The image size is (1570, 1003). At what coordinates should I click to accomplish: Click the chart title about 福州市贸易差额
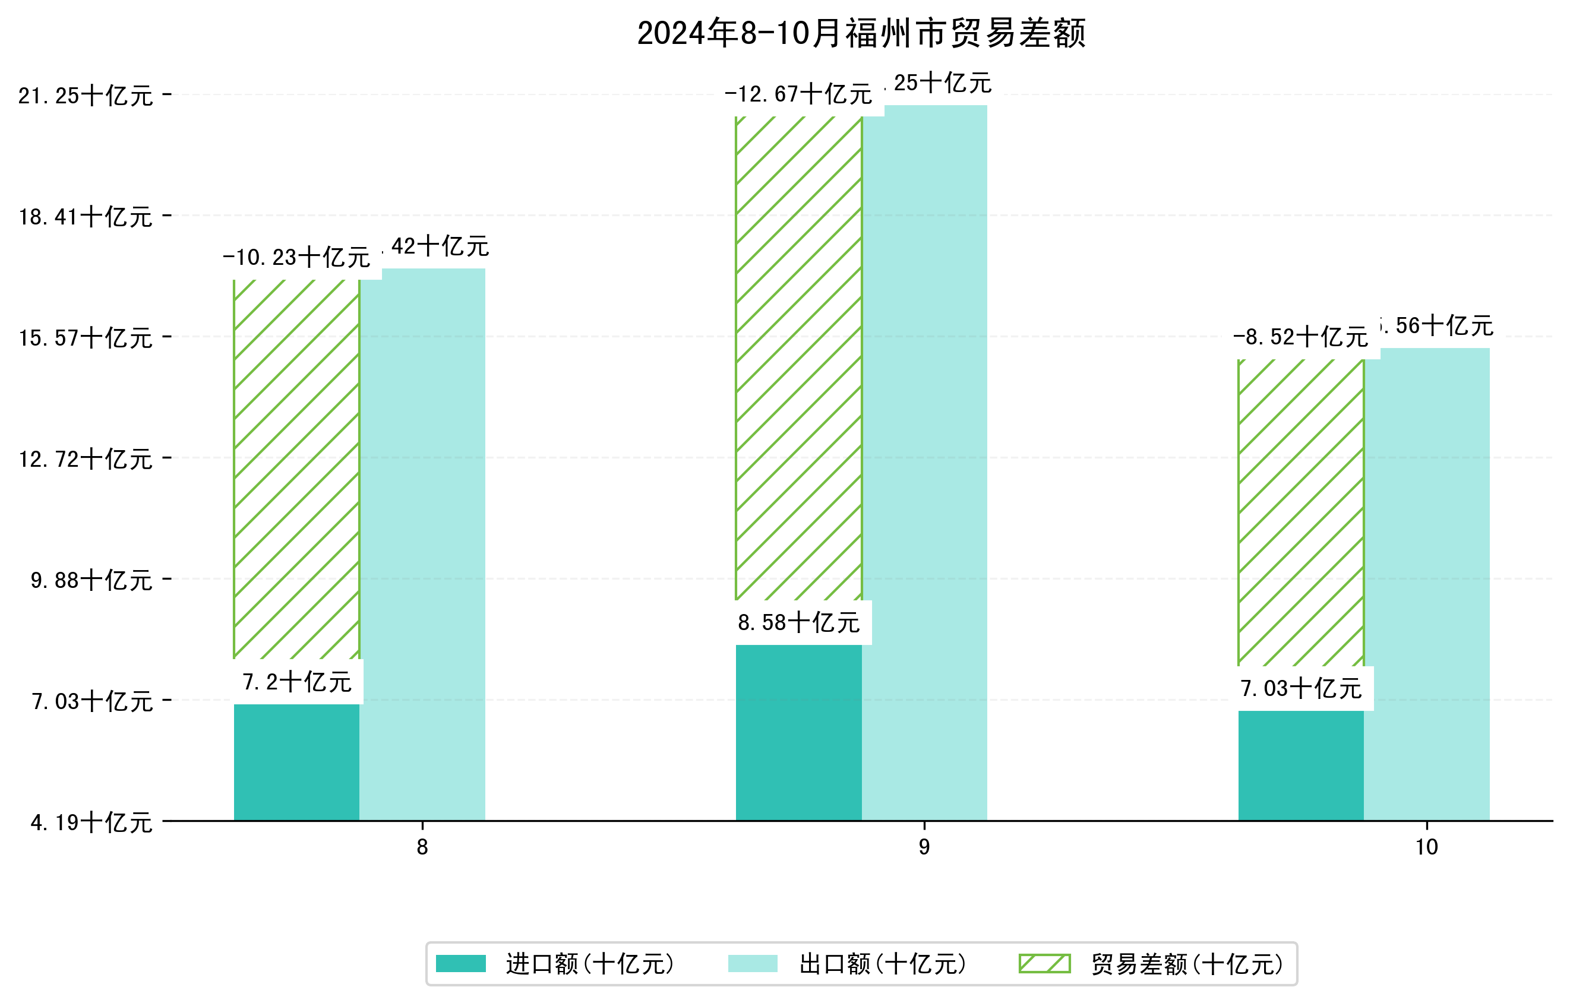coord(861,33)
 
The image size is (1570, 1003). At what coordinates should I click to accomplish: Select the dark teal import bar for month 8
coord(296,762)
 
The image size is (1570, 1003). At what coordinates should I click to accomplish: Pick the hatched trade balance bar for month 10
coord(1300,515)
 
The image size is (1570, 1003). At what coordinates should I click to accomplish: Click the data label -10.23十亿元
coord(296,257)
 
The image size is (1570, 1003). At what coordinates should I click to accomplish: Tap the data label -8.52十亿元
coord(1300,337)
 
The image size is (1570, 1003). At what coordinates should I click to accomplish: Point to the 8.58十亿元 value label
coord(799,622)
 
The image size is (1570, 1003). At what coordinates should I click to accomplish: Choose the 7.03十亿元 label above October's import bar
coord(1301,689)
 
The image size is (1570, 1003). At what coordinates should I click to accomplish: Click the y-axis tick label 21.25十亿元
coord(86,96)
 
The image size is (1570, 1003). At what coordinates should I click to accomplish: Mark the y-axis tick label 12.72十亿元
coord(86,459)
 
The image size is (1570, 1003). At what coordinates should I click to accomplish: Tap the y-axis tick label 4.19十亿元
coord(91,822)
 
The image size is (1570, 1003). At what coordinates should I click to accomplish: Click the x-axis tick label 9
coord(924,847)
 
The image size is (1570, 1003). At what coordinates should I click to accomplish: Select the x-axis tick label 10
coord(1427,847)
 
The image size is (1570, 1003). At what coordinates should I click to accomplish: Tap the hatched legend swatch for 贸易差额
coord(1044,963)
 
